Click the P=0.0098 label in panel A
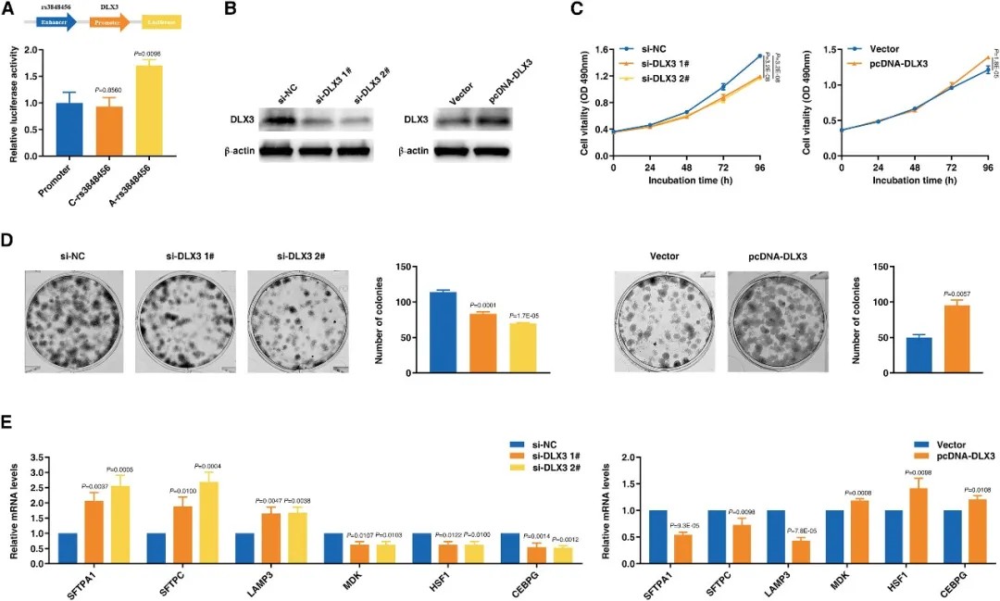149,54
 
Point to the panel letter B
230,11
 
